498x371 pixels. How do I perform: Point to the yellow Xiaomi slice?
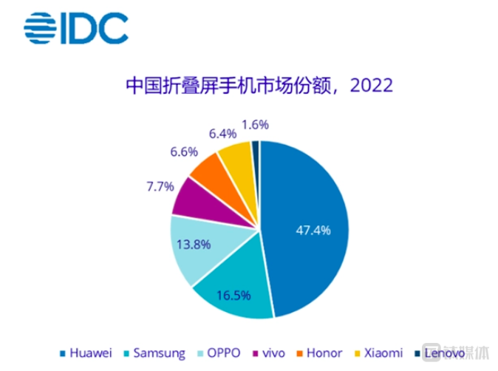point(238,157)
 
